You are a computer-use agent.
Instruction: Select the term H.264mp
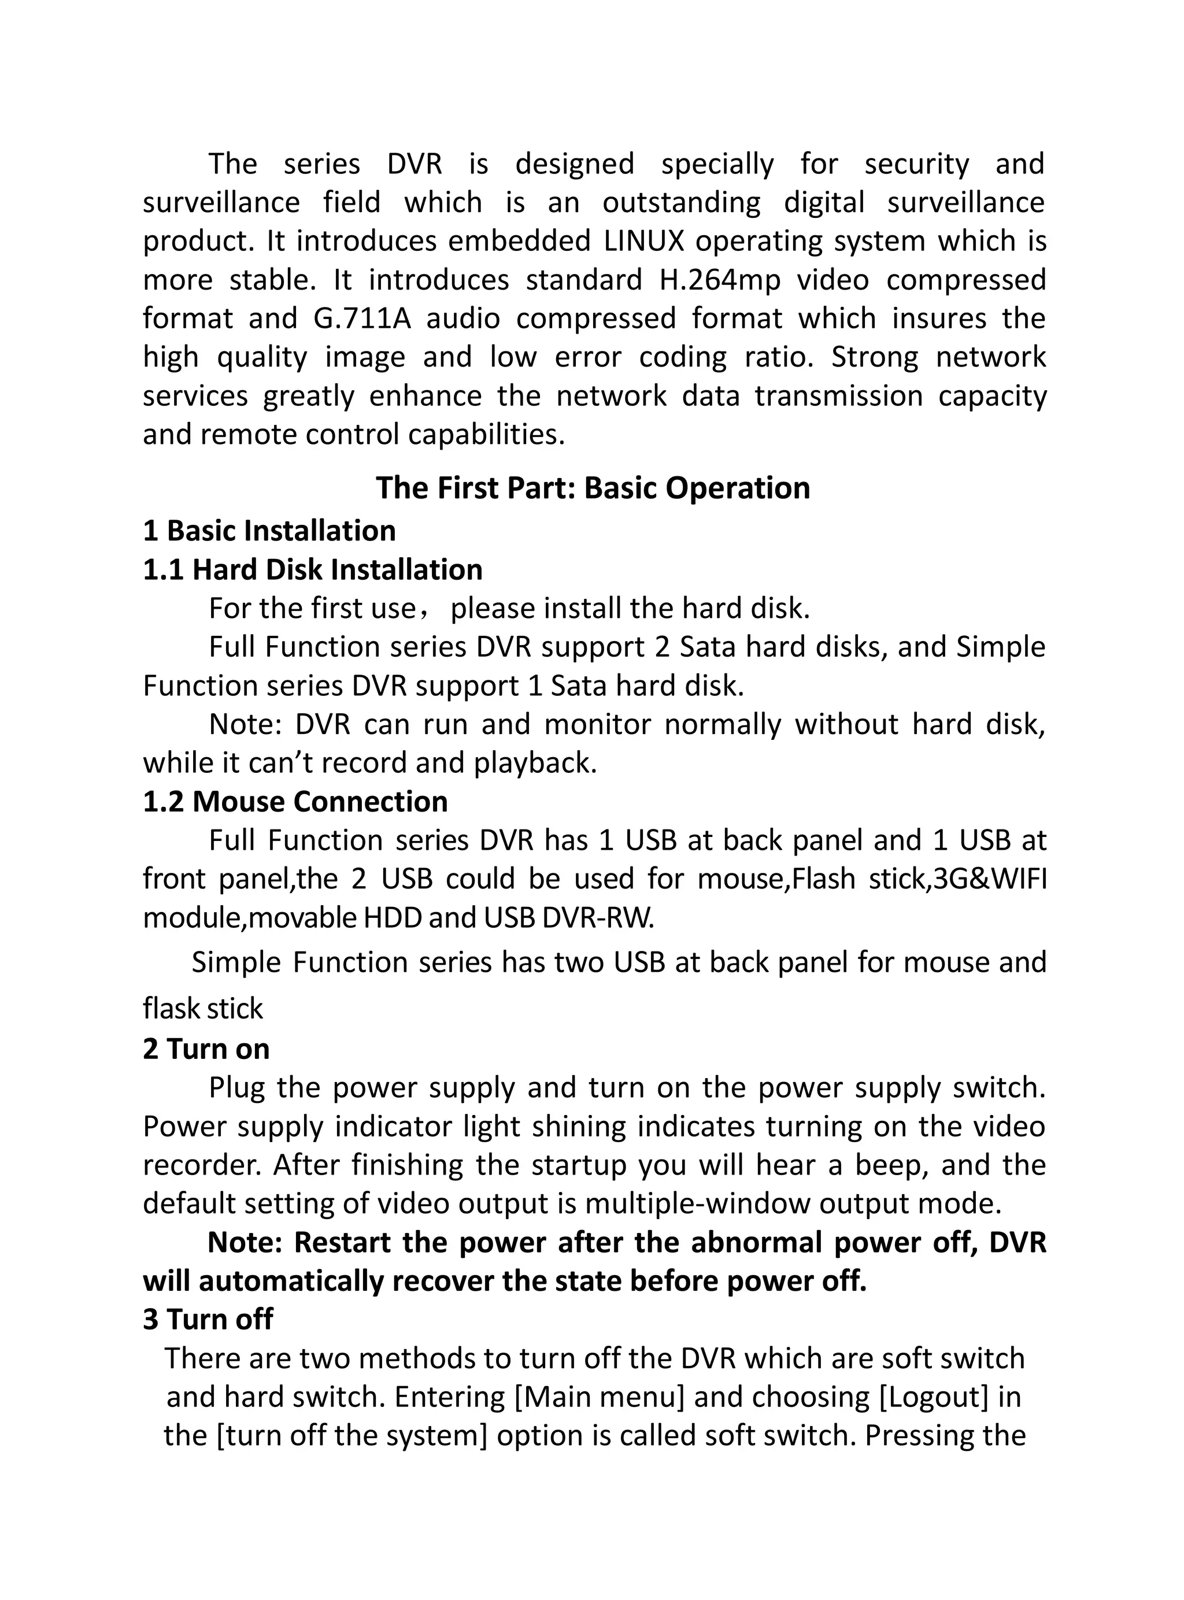click(x=719, y=279)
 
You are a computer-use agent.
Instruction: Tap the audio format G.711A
click(x=362, y=318)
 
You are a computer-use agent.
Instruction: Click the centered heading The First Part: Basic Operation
click(x=593, y=488)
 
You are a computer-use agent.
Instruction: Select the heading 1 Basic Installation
click(x=269, y=531)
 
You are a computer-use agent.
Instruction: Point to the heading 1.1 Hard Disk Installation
click(x=313, y=569)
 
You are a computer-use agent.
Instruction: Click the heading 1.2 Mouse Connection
click(x=295, y=802)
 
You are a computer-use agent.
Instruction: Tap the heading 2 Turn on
click(x=206, y=1049)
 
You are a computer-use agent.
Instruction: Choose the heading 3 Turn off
click(x=208, y=1319)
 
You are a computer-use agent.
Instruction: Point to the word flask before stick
click(x=169, y=1009)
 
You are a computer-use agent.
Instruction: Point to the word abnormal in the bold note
click(x=757, y=1242)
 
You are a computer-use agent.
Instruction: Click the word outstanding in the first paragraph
click(x=681, y=203)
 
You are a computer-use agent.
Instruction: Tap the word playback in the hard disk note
click(x=534, y=763)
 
